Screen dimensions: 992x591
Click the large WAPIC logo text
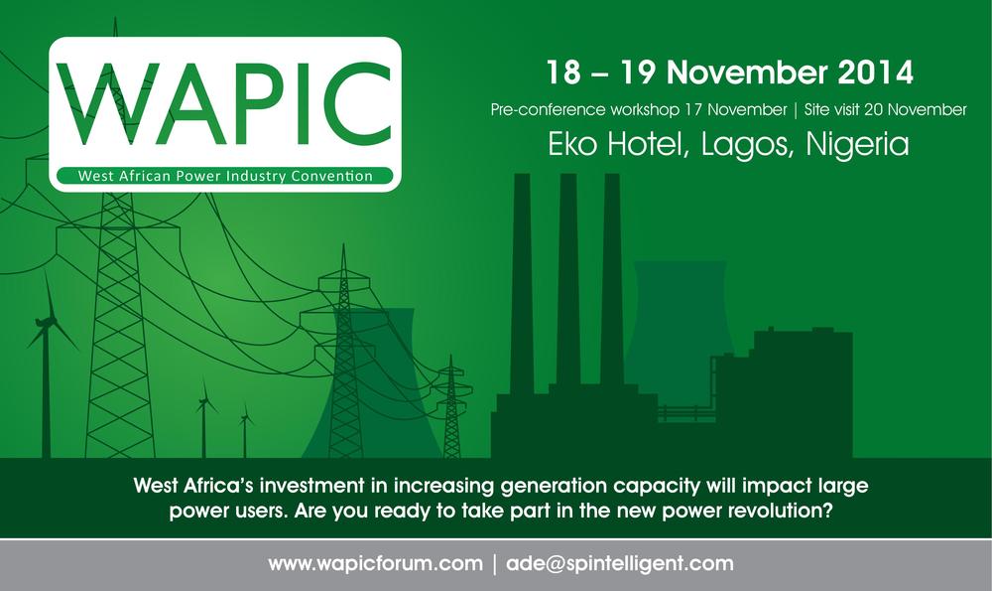pyautogui.click(x=224, y=104)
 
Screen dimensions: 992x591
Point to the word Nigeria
pyautogui.click(x=857, y=144)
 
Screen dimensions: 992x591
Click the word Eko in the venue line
pyautogui.click(x=573, y=144)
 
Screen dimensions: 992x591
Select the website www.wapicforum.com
pyautogui.click(x=375, y=563)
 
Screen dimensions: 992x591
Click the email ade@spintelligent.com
pyautogui.click(x=620, y=563)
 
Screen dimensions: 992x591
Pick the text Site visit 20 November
pyautogui.click(x=885, y=109)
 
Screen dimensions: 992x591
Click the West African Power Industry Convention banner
pyautogui.click(x=224, y=176)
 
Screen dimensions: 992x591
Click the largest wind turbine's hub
pyautogui.click(x=45, y=323)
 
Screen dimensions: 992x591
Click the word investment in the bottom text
pyautogui.click(x=312, y=486)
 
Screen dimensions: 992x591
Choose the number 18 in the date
pyautogui.click(x=563, y=73)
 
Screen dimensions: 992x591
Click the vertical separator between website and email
pyautogui.click(x=495, y=564)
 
